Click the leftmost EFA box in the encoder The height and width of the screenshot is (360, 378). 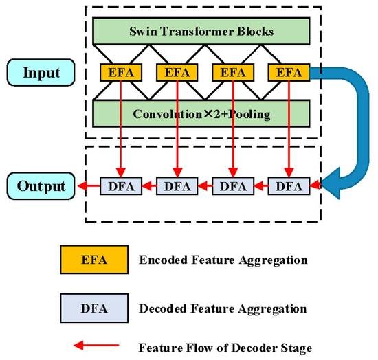[120, 72]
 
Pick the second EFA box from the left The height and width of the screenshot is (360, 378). [175, 72]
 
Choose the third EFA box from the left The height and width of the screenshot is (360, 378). [231, 72]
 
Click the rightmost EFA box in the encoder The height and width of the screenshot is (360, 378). [287, 72]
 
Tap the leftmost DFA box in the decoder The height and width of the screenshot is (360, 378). [120, 185]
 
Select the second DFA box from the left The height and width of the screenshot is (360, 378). [175, 185]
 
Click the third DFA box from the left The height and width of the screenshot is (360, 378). [231, 185]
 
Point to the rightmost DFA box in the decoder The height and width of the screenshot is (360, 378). [287, 185]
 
